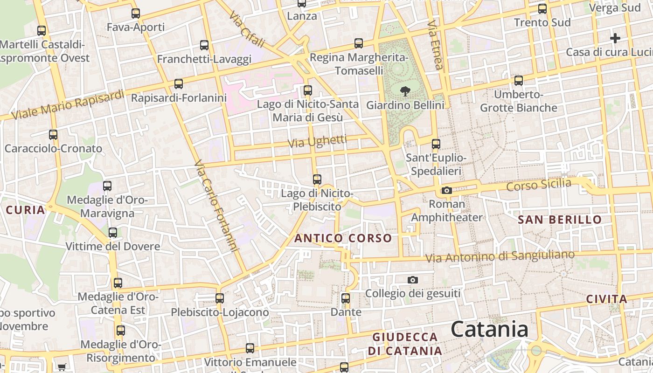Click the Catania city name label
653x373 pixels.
tap(489, 329)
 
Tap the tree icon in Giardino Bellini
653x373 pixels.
tap(405, 91)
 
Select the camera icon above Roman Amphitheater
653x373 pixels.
tap(446, 190)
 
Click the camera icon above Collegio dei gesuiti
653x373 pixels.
tap(412, 280)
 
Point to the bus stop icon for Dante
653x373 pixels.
tap(345, 298)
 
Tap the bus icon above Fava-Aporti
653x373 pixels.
tap(136, 14)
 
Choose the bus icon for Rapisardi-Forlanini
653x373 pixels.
tap(178, 84)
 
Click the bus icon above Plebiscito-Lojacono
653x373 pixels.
tap(220, 298)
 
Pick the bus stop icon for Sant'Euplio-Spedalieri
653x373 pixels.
tap(436, 144)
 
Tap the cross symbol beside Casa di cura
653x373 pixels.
tap(615, 38)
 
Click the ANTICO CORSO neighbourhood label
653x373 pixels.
tap(343, 238)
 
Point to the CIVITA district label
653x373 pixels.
tap(606, 299)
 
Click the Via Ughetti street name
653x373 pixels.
tap(318, 141)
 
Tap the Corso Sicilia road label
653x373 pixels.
tap(539, 184)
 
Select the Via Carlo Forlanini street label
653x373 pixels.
tap(216, 206)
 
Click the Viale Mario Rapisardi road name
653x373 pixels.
tap(68, 104)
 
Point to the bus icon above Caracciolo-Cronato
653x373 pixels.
tap(53, 135)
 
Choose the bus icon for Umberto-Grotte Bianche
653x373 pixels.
tap(518, 81)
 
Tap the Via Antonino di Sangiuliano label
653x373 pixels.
tap(500, 256)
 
